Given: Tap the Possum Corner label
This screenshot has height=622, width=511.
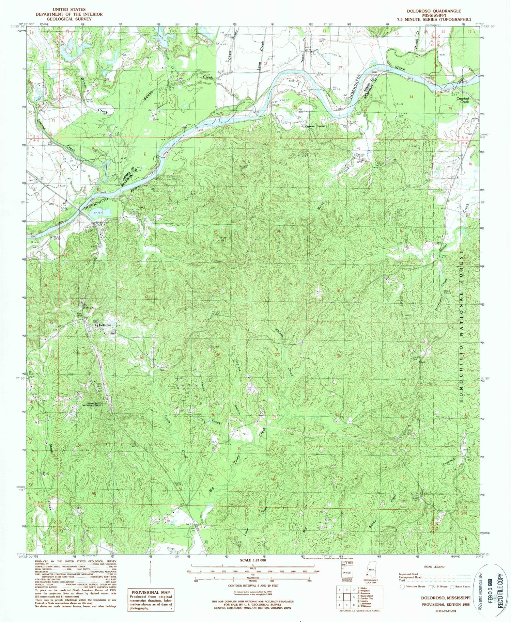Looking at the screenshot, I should coord(315,126).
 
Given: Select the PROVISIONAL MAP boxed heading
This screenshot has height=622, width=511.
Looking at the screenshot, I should coord(150,593).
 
